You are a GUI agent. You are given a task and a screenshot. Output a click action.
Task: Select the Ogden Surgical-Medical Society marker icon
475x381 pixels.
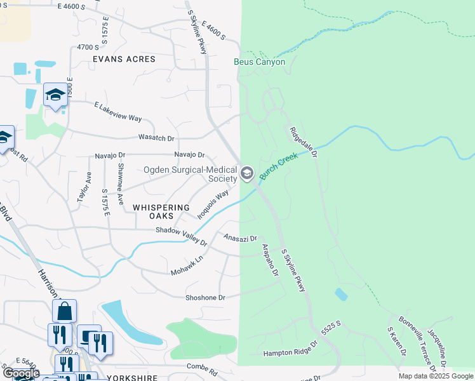tap(247, 173)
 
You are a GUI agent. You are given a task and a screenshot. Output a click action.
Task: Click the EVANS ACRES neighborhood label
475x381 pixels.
tap(124, 59)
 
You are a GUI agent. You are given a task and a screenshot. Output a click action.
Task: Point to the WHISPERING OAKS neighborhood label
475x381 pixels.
tap(161, 212)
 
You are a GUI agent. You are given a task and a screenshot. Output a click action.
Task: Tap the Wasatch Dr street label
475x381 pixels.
tap(156, 137)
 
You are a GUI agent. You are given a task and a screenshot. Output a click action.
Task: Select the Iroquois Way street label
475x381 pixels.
tap(213, 204)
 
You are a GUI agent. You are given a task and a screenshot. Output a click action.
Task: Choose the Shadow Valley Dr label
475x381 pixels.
tap(182, 235)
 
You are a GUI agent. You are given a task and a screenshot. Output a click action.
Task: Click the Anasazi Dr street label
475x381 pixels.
tap(240, 238)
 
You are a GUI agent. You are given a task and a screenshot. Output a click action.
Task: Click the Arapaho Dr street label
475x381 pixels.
tap(270, 260)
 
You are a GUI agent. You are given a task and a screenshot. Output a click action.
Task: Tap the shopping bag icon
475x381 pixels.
tap(64, 311)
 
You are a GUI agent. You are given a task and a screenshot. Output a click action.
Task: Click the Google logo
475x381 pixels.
tap(20, 373)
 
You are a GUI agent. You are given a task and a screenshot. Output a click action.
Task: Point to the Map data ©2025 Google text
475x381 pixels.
tap(436, 376)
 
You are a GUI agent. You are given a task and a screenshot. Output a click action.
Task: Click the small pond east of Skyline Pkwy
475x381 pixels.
tap(341, 295)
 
